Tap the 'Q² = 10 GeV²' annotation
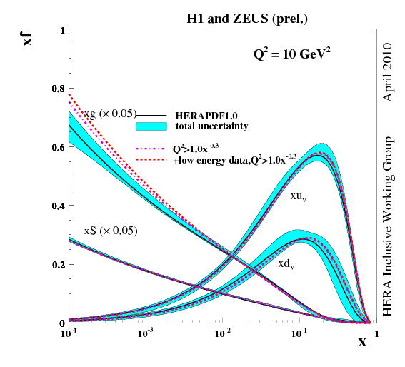289,54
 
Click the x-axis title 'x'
362,342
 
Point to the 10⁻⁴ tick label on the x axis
69,333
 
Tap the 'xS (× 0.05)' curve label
110,231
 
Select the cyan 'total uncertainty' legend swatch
151,126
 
